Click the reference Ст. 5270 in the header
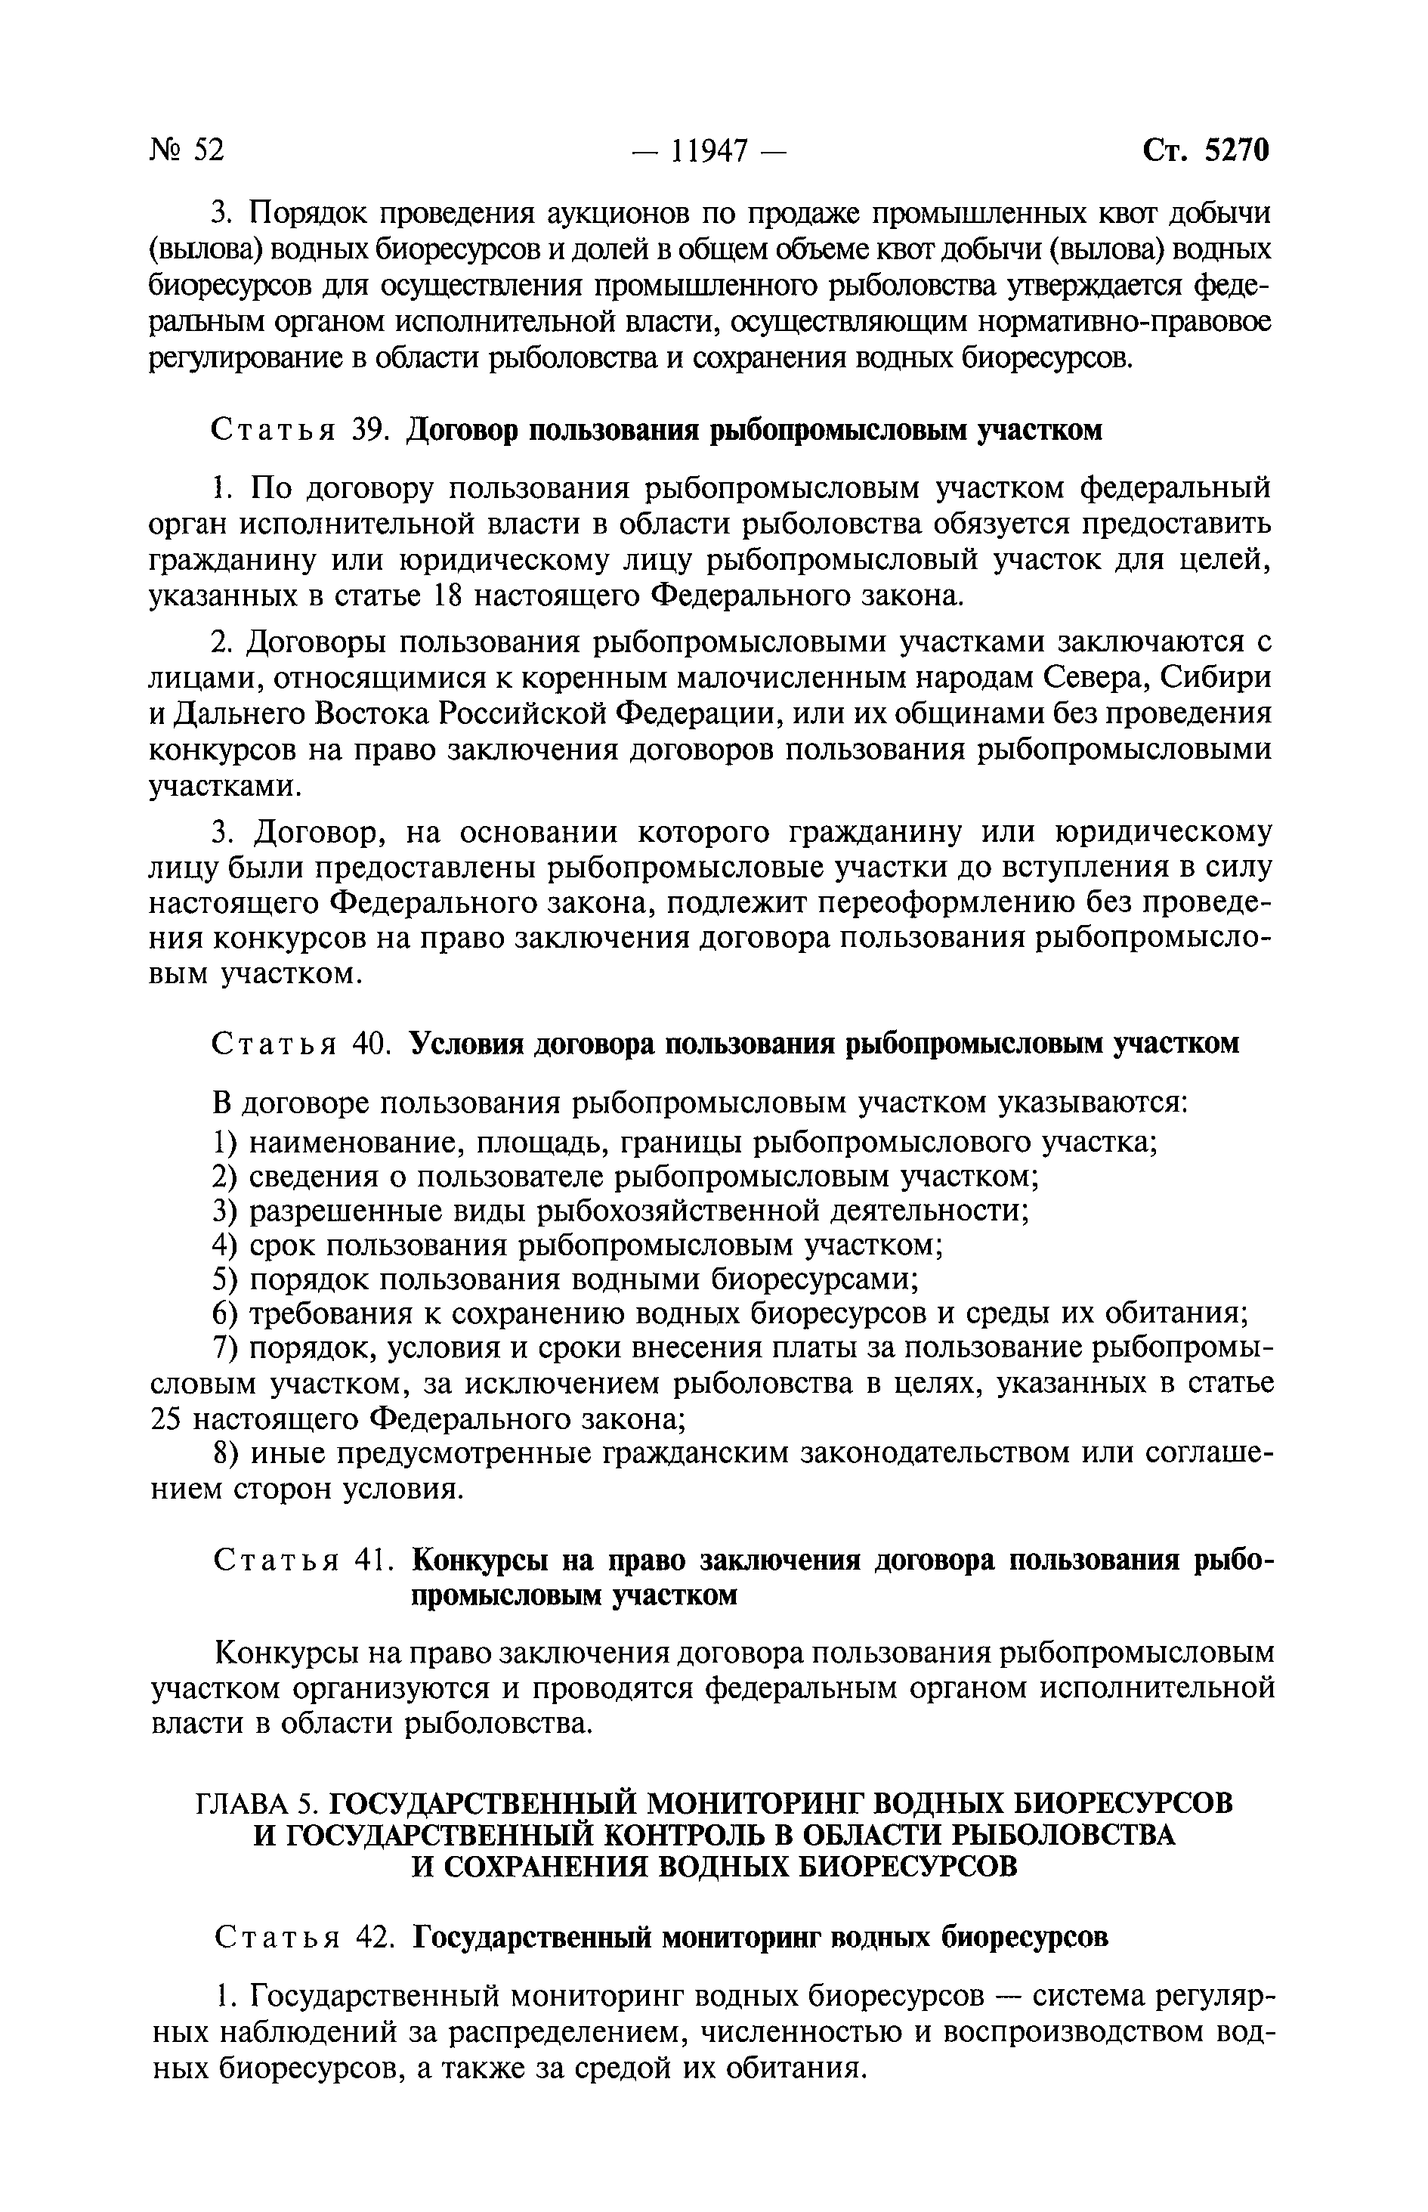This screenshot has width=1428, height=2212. pos(1205,150)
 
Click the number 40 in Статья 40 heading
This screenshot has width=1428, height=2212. pos(369,1044)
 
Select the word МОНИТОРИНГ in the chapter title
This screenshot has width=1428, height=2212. pos(756,1802)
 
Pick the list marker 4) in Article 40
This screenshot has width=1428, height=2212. pos(225,1245)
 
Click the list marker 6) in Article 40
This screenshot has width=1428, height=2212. pos(225,1314)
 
